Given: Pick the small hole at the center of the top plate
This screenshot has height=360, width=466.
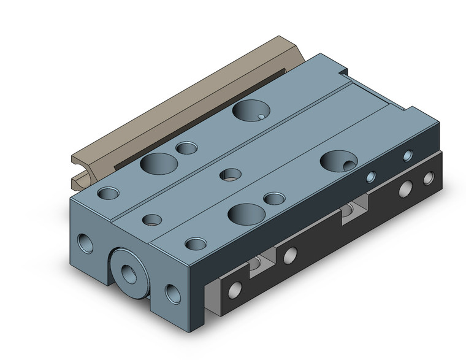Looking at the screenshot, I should (x=230, y=175).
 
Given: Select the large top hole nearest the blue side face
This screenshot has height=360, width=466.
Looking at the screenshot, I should (x=338, y=161).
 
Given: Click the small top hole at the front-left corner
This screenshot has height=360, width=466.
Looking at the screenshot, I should (x=109, y=193).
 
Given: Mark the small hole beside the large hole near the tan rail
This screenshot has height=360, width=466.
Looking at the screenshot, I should (x=185, y=148).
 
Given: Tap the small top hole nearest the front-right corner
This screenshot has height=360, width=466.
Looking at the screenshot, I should (x=196, y=243).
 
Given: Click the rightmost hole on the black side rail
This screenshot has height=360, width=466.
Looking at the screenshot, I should (x=429, y=179).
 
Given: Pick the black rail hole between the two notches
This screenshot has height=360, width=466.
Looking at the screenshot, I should (x=291, y=253).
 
